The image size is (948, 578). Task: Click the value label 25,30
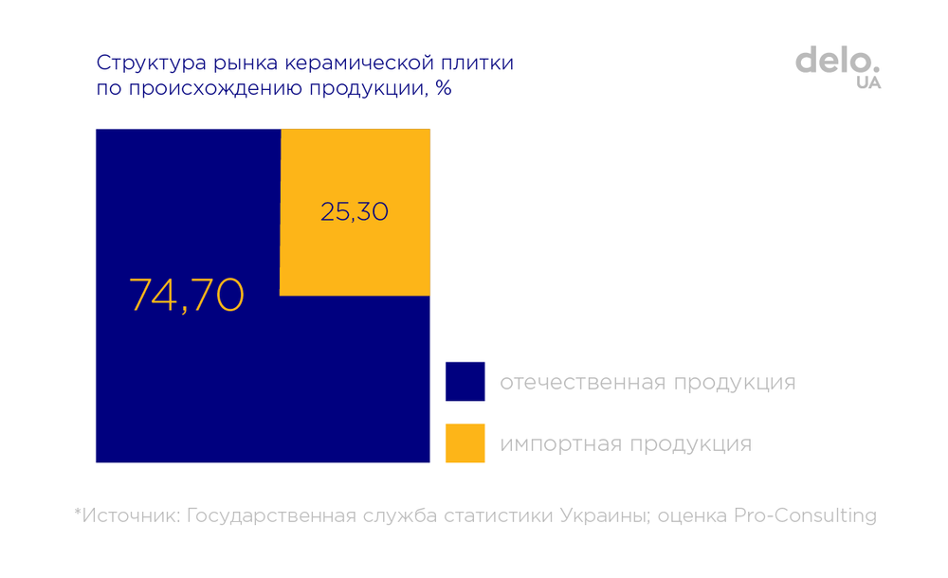coord(355,212)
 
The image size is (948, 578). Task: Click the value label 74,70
coord(187,296)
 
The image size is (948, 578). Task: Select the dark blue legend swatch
coord(465,382)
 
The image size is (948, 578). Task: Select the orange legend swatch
coord(465,443)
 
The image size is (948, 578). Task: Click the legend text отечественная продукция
coord(647,383)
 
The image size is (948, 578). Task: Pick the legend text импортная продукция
coord(626,443)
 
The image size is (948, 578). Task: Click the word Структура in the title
coord(141,65)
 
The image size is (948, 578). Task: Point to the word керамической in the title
coord(339,65)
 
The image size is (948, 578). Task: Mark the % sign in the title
coord(443,90)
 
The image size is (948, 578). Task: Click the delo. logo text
coord(838,60)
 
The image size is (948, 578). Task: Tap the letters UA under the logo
coord(867,82)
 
